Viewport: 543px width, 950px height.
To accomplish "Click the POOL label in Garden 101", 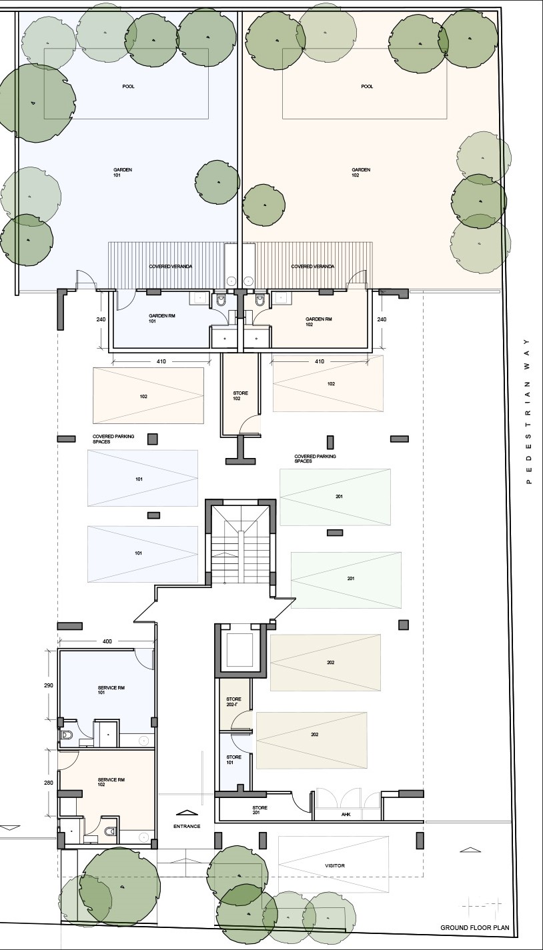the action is (x=128, y=87).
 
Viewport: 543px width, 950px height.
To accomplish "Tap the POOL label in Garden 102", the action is (x=367, y=87).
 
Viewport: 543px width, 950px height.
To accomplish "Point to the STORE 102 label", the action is (x=240, y=396).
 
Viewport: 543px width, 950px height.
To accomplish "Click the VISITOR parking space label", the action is (x=335, y=865).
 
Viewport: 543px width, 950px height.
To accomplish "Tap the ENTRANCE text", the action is (x=187, y=826).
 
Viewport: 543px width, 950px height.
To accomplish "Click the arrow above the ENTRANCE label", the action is (x=187, y=813).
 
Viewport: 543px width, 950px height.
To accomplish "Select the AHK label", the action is (x=346, y=814).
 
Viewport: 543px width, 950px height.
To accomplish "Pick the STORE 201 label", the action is (x=259, y=810).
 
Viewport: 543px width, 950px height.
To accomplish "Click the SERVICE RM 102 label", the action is (x=111, y=782).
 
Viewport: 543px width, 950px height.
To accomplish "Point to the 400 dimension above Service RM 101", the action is (x=107, y=641).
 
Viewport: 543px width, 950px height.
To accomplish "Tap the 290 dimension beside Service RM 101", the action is (x=48, y=685).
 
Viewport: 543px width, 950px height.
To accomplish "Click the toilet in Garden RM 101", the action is (x=221, y=300).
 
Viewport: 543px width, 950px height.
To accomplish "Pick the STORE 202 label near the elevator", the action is (x=233, y=701).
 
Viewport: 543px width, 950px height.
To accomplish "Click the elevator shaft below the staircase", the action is (x=240, y=649).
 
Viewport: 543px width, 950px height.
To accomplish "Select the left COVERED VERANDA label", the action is (x=171, y=267).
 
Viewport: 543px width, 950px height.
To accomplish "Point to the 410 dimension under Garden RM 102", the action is (x=320, y=361).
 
